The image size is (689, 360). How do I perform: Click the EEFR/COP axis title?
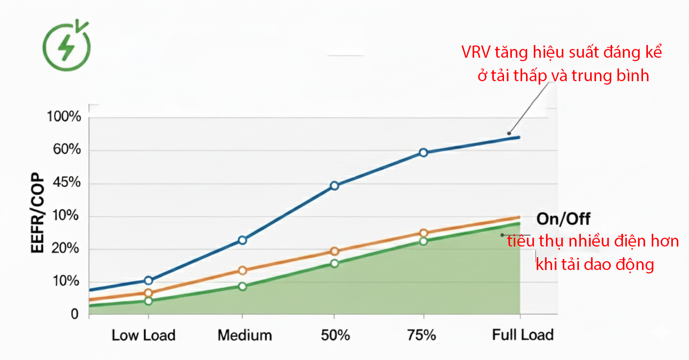point(38,214)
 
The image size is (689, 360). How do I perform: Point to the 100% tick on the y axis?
point(64,117)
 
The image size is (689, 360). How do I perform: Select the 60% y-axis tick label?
point(64,150)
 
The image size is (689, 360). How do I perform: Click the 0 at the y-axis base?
point(75,314)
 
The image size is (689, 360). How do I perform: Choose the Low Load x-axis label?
point(143,336)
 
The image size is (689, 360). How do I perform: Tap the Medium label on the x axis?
point(245,336)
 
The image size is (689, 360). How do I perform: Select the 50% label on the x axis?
point(335,336)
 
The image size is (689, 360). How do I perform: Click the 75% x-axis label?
point(421,336)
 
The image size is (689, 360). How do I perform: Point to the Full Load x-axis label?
point(523,336)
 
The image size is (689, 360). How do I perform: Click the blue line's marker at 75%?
point(423,153)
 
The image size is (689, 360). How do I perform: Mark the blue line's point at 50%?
point(335,185)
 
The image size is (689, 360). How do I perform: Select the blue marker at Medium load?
point(242,240)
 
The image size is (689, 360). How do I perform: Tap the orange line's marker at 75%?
point(423,233)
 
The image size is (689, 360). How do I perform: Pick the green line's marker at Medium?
point(242,286)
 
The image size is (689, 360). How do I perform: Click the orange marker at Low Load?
point(149,293)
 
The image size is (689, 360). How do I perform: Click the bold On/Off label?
point(563,219)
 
